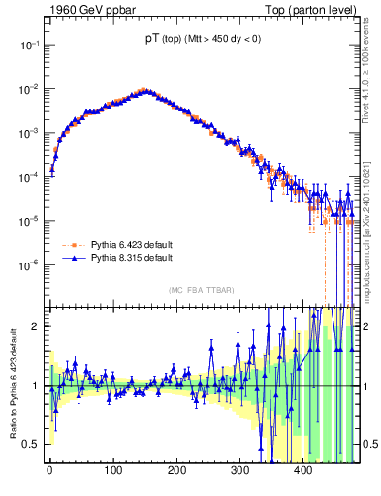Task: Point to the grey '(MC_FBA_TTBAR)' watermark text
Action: point(201,290)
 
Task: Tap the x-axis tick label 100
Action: point(112,471)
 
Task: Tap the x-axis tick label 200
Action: point(176,471)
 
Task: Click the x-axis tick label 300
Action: point(240,471)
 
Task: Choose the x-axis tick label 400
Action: point(303,471)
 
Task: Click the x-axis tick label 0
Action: point(49,471)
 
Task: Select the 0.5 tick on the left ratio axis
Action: point(32,444)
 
